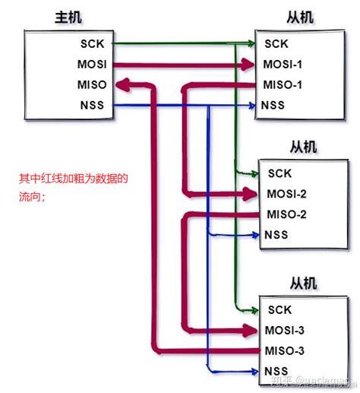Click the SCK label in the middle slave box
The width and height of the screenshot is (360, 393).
click(279, 173)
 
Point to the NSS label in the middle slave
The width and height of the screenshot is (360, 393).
click(276, 234)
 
